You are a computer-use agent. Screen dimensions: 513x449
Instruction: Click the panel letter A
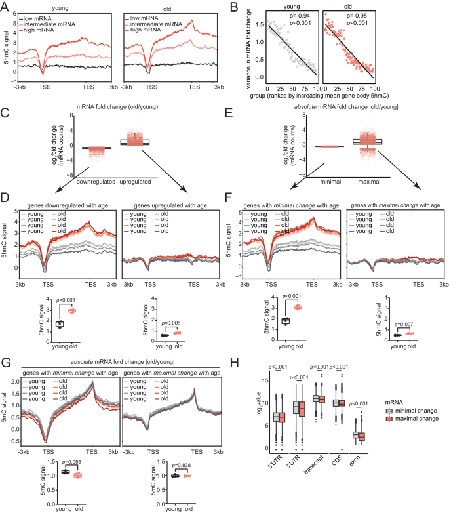click(x=5, y=7)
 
